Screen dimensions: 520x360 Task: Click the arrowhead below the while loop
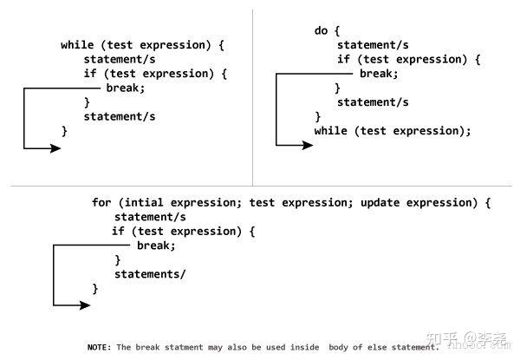tap(55, 148)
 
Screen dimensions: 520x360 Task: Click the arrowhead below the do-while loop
tap(308, 145)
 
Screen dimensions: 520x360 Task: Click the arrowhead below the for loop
tap(85, 305)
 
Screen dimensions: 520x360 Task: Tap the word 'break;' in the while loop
tap(126, 88)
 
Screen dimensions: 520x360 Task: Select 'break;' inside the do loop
tap(379, 74)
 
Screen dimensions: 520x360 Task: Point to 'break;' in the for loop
tap(156, 245)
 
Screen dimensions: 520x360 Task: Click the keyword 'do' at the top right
tap(321, 31)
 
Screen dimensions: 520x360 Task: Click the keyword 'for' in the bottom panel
tap(101, 202)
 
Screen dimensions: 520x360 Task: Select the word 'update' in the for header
tap(380, 203)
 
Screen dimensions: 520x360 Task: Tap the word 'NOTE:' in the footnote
tap(99, 347)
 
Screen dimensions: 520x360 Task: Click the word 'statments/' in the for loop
tap(150, 274)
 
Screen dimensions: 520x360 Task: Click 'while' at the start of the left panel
tap(77, 45)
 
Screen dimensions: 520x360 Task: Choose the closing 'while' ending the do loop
tap(331, 131)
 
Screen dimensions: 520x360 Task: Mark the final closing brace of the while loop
tap(65, 131)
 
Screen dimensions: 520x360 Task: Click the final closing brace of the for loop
tap(95, 289)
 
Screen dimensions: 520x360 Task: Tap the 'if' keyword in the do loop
tap(343, 59)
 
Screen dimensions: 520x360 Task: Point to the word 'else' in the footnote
tap(377, 347)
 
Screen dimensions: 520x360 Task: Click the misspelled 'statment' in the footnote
tap(184, 347)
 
